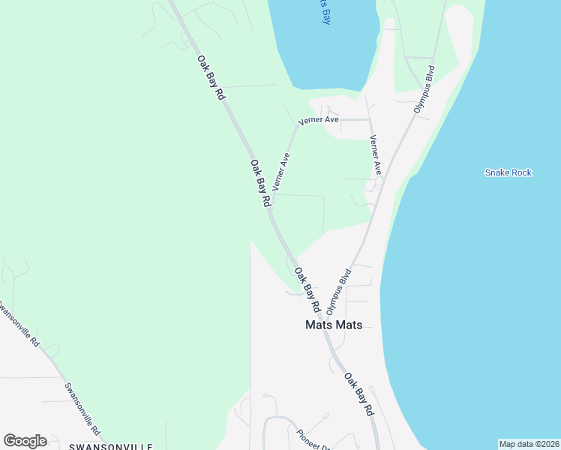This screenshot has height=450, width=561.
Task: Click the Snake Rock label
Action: [x=508, y=172]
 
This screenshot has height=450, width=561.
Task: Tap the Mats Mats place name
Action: [x=334, y=325]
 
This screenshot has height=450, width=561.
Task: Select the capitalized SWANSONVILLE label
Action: [x=110, y=446]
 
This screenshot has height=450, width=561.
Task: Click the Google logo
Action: [x=25, y=441]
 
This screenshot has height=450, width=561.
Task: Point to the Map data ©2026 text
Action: [x=529, y=444]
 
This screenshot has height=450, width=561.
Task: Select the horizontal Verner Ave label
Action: [x=319, y=120]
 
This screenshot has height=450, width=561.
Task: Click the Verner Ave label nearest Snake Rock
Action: [x=376, y=156]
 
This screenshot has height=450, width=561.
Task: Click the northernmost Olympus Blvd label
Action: [x=425, y=89]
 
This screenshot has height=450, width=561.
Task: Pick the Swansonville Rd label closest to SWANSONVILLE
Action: [x=81, y=409]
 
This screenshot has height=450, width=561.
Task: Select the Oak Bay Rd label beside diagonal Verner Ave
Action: [x=259, y=184]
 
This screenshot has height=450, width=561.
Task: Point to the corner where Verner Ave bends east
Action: [x=297, y=125]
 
